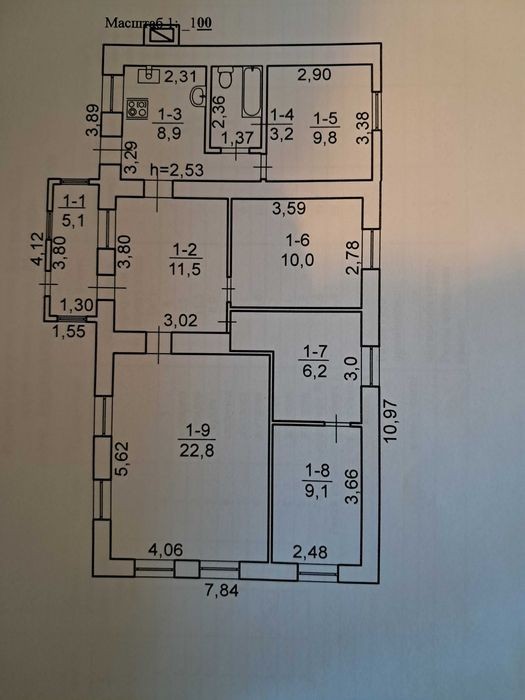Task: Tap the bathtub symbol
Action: click(252, 92)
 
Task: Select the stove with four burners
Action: click(137, 108)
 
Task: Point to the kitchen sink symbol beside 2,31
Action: click(149, 76)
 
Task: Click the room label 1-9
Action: click(198, 430)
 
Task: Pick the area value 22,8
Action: click(197, 450)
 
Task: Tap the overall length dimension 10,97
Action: click(390, 420)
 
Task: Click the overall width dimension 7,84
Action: click(222, 591)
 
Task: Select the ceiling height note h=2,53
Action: click(177, 170)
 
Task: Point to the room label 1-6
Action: click(297, 240)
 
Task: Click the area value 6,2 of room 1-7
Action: click(315, 371)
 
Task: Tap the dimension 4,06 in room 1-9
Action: click(165, 550)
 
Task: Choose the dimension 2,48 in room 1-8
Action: click(310, 553)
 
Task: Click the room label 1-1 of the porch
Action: click(74, 201)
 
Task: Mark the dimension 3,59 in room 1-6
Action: click(289, 208)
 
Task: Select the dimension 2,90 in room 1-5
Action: click(314, 74)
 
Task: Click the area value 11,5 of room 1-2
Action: click(185, 269)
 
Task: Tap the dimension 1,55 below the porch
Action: click(69, 331)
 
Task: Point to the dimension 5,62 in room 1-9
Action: click(121, 459)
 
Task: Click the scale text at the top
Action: click(158, 23)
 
